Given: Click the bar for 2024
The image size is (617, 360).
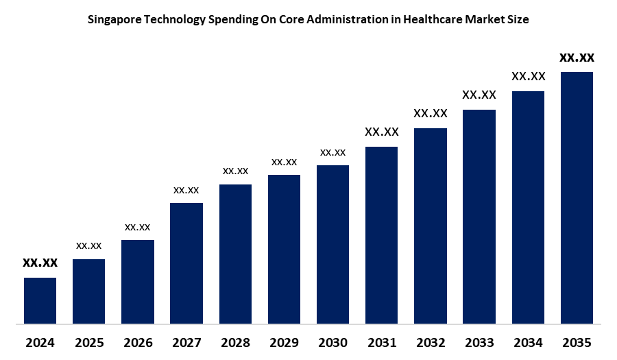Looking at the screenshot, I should tap(40, 300).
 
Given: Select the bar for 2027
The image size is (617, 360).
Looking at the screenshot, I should tap(186, 263).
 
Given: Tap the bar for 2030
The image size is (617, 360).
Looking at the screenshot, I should tap(332, 243).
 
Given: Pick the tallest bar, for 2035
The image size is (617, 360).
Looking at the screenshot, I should tap(577, 197).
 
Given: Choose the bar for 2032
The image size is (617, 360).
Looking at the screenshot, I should tap(431, 225).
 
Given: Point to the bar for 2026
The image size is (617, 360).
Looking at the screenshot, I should tap(138, 281).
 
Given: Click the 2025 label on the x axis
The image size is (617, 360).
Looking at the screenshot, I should tap(88, 342).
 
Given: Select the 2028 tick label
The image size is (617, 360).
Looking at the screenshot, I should tap(235, 342).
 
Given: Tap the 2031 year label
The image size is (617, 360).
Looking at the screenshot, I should tap(382, 342).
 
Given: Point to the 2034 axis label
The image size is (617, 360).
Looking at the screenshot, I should tap(528, 342).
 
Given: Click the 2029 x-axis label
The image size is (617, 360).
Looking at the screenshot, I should tap(284, 342).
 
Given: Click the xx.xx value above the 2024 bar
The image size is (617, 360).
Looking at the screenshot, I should tap(40, 263).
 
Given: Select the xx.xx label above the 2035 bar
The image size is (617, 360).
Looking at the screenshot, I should tap(577, 58).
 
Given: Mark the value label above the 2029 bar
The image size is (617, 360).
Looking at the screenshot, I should tap(284, 162).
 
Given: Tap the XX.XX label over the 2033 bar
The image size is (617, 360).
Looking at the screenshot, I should tap(479, 95).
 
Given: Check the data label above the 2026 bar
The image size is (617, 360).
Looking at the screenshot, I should tap(138, 226).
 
